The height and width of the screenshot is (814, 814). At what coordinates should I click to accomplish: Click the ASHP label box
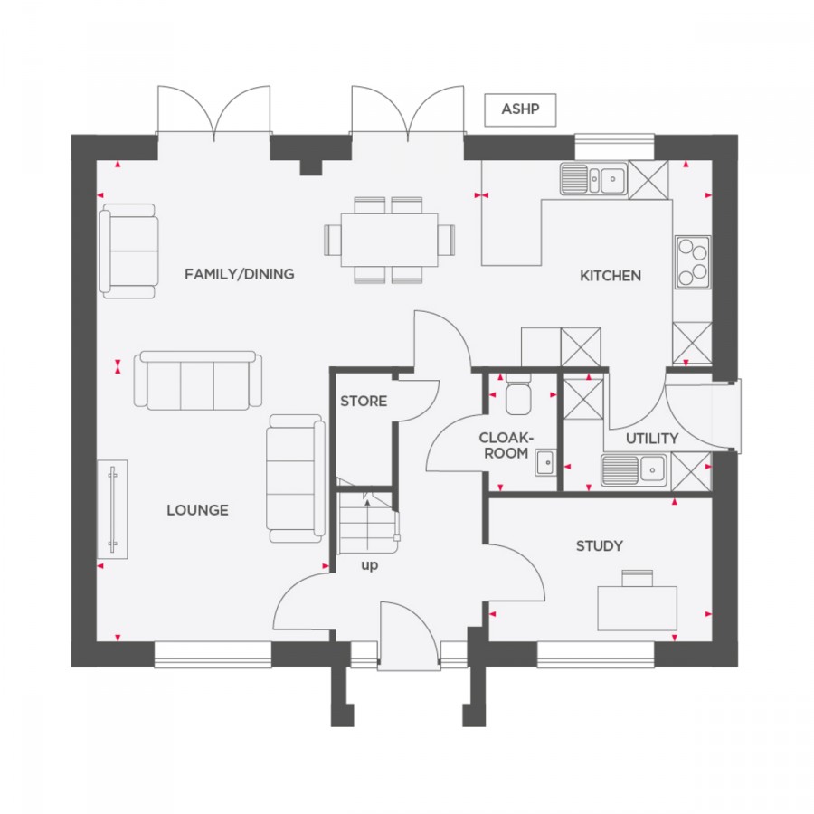pos(520,109)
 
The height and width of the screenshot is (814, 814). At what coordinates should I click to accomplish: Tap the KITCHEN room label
pos(610,276)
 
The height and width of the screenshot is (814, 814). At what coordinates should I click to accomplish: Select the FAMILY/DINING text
pos(240,273)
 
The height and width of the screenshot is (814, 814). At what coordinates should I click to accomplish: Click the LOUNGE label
pos(197,510)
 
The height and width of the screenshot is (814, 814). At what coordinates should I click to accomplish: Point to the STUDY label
pos(599,545)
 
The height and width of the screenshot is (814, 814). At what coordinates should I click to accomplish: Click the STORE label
pos(364,401)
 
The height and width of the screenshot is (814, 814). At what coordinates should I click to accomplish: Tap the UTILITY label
pos(651,439)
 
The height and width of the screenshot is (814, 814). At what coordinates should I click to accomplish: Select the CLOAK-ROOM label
pos(506,445)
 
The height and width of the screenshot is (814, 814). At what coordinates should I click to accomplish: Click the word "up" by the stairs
pos(370,565)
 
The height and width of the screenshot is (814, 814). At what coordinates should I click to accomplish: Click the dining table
pos(389,240)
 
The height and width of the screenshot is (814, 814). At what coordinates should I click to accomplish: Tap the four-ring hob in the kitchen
pos(693,262)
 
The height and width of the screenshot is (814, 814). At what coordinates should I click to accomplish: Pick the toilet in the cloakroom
pos(518,394)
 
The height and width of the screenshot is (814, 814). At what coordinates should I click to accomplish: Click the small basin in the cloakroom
pos(545,462)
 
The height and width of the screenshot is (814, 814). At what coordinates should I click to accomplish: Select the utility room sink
pos(633,470)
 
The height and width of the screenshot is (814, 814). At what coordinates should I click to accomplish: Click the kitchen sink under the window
pos(593,179)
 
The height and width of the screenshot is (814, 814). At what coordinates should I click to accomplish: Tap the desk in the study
pos(638,608)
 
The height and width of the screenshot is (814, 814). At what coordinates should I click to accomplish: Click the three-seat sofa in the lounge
pos(198,381)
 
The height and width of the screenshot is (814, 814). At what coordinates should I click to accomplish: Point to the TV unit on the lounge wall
pos(113,508)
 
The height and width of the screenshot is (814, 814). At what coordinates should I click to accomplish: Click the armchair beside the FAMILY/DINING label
pos(128,251)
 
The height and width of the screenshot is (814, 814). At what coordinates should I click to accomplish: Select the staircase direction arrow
pos(367,522)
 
